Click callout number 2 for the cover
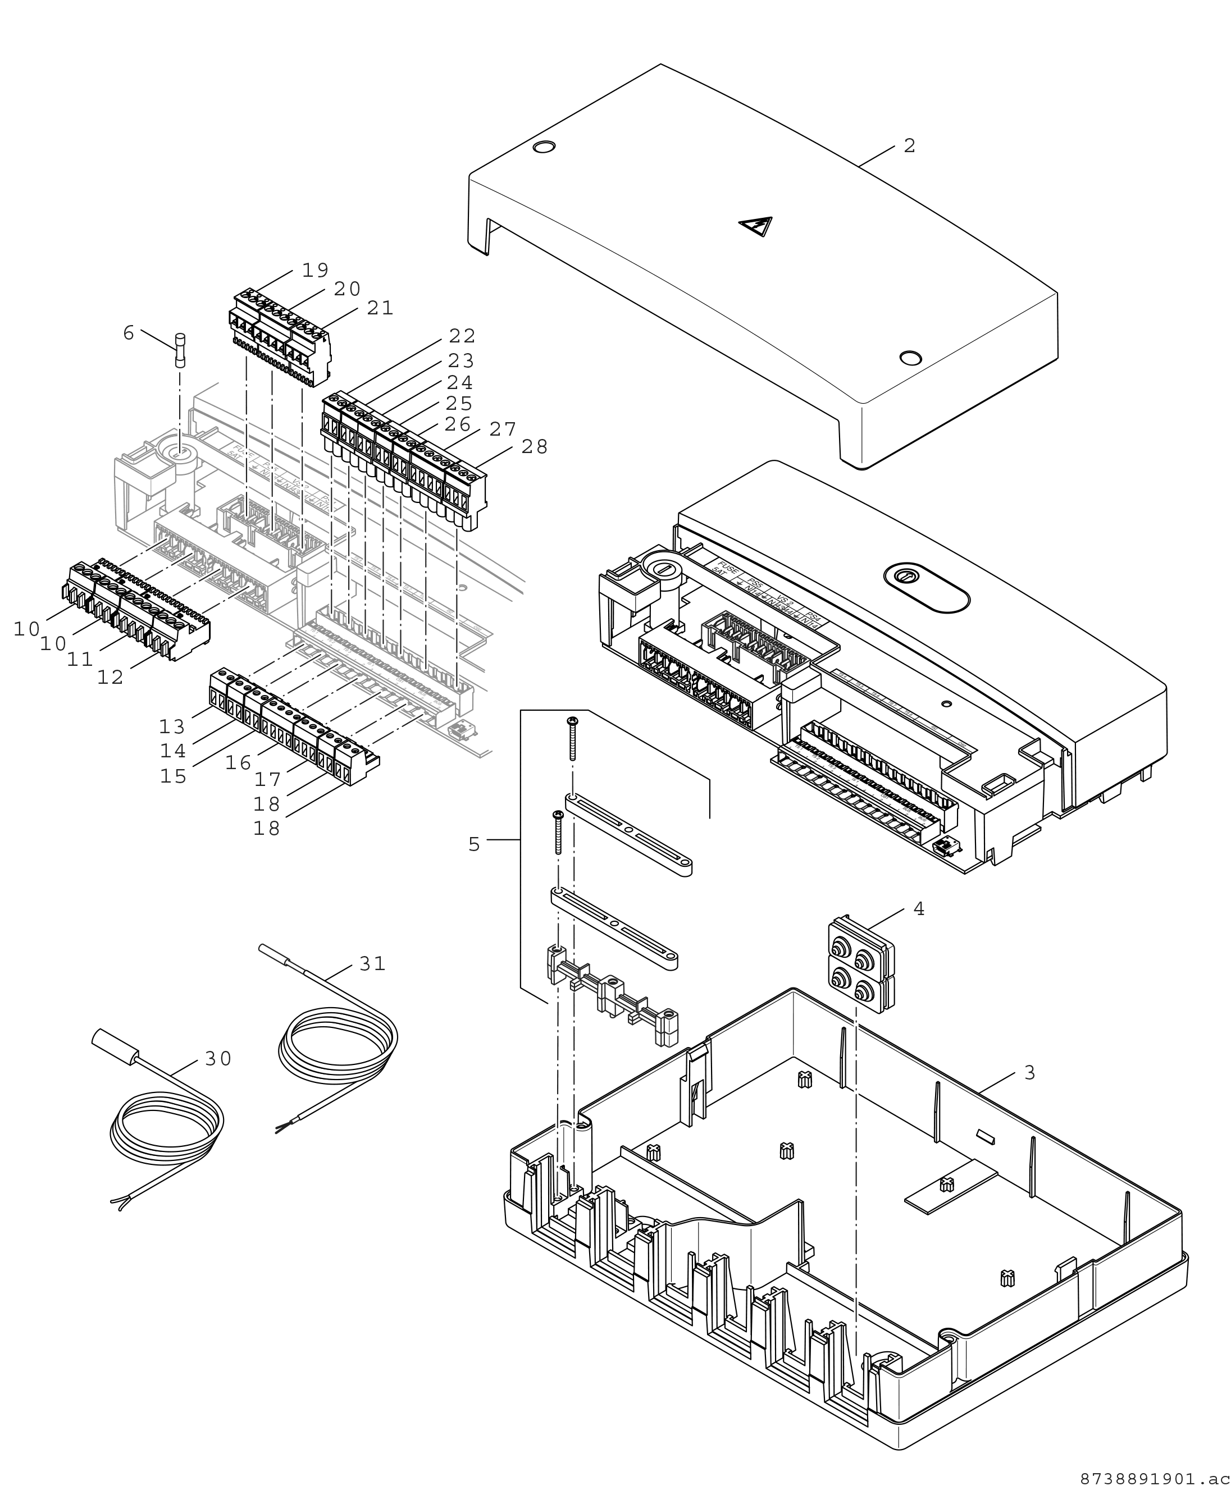(x=910, y=146)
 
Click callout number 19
(x=315, y=270)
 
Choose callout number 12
(x=111, y=677)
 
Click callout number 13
(x=172, y=726)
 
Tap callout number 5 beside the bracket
(x=475, y=844)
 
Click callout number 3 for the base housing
(x=1029, y=1073)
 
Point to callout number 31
(x=372, y=963)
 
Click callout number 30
(x=218, y=1058)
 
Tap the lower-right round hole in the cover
(x=910, y=356)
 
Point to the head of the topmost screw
(x=572, y=721)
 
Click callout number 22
(x=462, y=336)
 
